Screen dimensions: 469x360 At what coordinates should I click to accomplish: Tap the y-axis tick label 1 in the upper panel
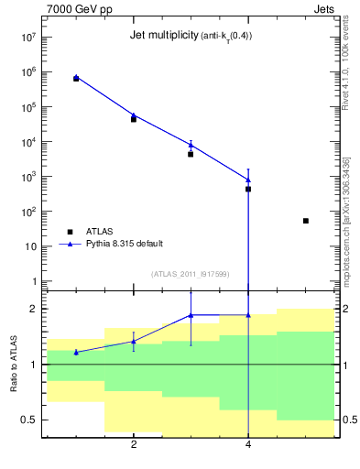pos(34,281)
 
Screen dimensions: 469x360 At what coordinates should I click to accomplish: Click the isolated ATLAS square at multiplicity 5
pos(306,221)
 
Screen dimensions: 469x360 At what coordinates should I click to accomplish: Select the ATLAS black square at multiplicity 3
pos(191,154)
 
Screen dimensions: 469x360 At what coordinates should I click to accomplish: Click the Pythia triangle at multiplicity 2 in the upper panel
pos(134,115)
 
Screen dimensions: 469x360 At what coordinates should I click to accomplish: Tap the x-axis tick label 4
pos(248,445)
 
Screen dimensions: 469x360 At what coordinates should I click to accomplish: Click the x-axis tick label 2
pos(134,445)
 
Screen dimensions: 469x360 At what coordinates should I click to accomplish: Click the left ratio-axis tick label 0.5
pos(29,420)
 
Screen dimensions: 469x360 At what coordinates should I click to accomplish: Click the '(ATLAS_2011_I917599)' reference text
pos(190,273)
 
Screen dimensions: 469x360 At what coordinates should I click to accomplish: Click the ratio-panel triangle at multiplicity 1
pos(76,352)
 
